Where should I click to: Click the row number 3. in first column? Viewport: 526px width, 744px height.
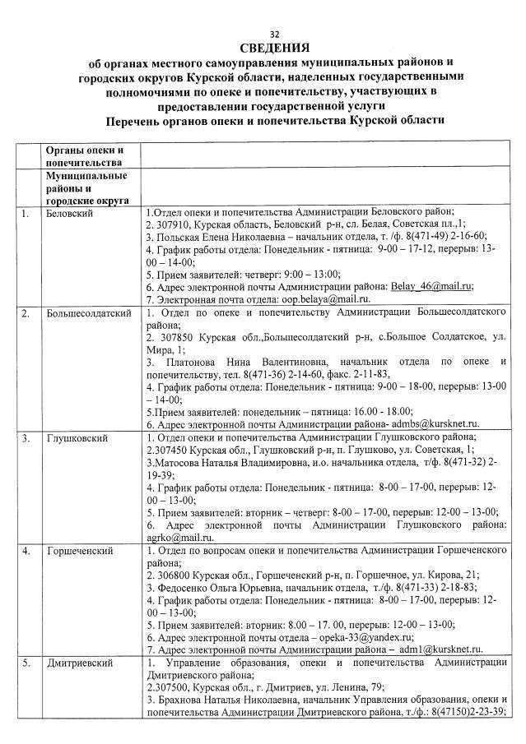click(x=26, y=438)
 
